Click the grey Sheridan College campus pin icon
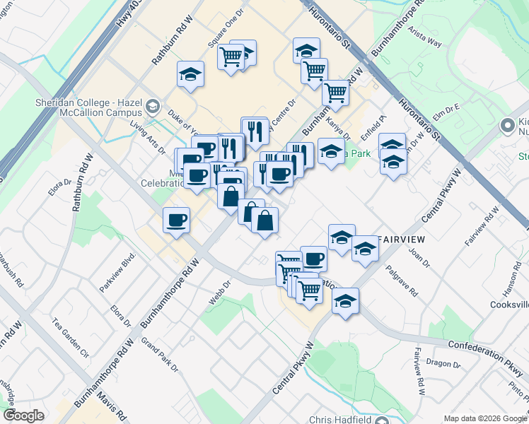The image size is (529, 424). [x=152, y=107]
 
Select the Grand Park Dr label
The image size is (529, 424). [x=159, y=355]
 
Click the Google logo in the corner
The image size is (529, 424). [x=25, y=416]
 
